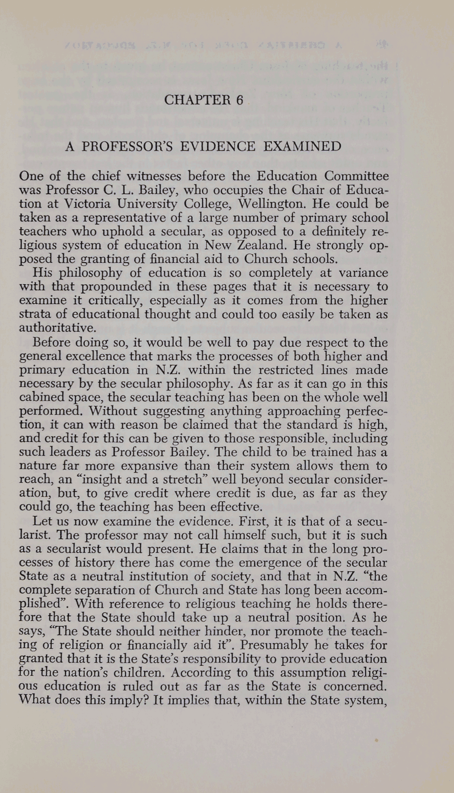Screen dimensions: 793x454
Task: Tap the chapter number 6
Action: coord(239,100)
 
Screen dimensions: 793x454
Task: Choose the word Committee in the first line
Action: coord(357,176)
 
